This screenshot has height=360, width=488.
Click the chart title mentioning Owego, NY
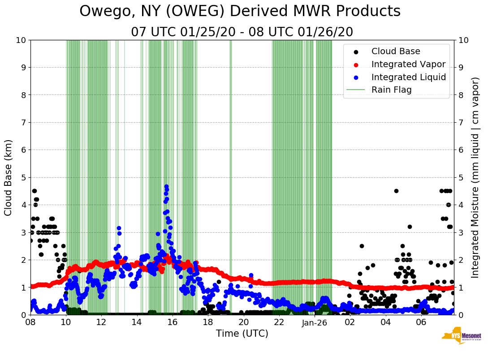(240, 12)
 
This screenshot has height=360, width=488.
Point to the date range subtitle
(242, 32)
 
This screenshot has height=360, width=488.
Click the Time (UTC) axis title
(242, 334)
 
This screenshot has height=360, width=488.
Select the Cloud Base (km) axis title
(9, 177)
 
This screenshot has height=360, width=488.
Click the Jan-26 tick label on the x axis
(315, 322)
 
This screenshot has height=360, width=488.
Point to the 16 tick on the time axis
(173, 322)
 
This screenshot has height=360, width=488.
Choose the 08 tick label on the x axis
(30, 322)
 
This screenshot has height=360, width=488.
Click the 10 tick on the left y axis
(21, 40)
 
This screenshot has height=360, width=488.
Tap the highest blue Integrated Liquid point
(166, 186)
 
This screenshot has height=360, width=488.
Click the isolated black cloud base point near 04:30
(396, 191)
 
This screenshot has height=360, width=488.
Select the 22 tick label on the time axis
(279, 322)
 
